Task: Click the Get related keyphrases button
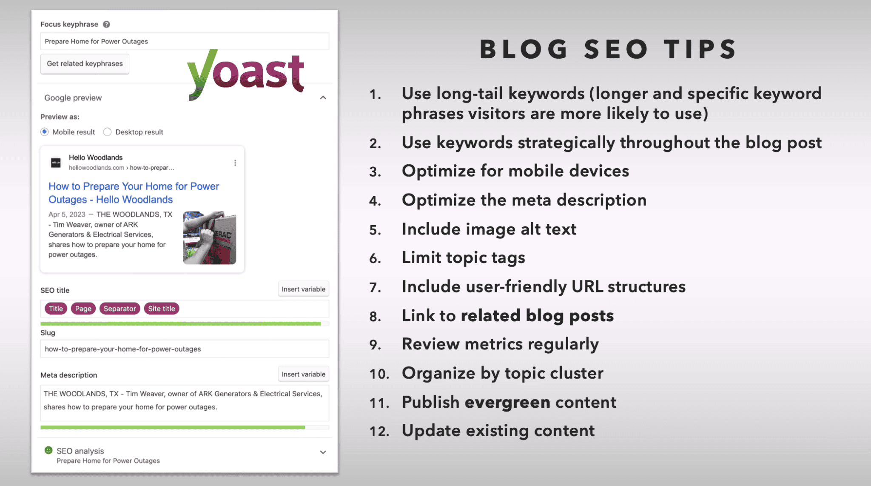pyautogui.click(x=85, y=64)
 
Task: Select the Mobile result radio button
pyautogui.click(x=45, y=132)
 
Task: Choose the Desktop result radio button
pyautogui.click(x=108, y=132)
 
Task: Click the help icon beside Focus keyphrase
pyautogui.click(x=107, y=24)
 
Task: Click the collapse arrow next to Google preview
pyautogui.click(x=323, y=98)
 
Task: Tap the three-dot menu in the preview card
pyautogui.click(x=235, y=163)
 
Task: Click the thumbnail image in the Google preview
pyautogui.click(x=209, y=238)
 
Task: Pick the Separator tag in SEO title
pyautogui.click(x=120, y=309)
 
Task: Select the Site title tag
pyautogui.click(x=161, y=309)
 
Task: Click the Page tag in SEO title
pyautogui.click(x=83, y=309)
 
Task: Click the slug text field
pyautogui.click(x=185, y=349)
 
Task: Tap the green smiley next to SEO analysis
pyautogui.click(x=49, y=450)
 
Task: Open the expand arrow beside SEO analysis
pyautogui.click(x=323, y=452)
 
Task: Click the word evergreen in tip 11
pyautogui.click(x=507, y=403)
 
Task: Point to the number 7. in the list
pyautogui.click(x=375, y=288)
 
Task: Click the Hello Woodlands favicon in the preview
pyautogui.click(x=56, y=163)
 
